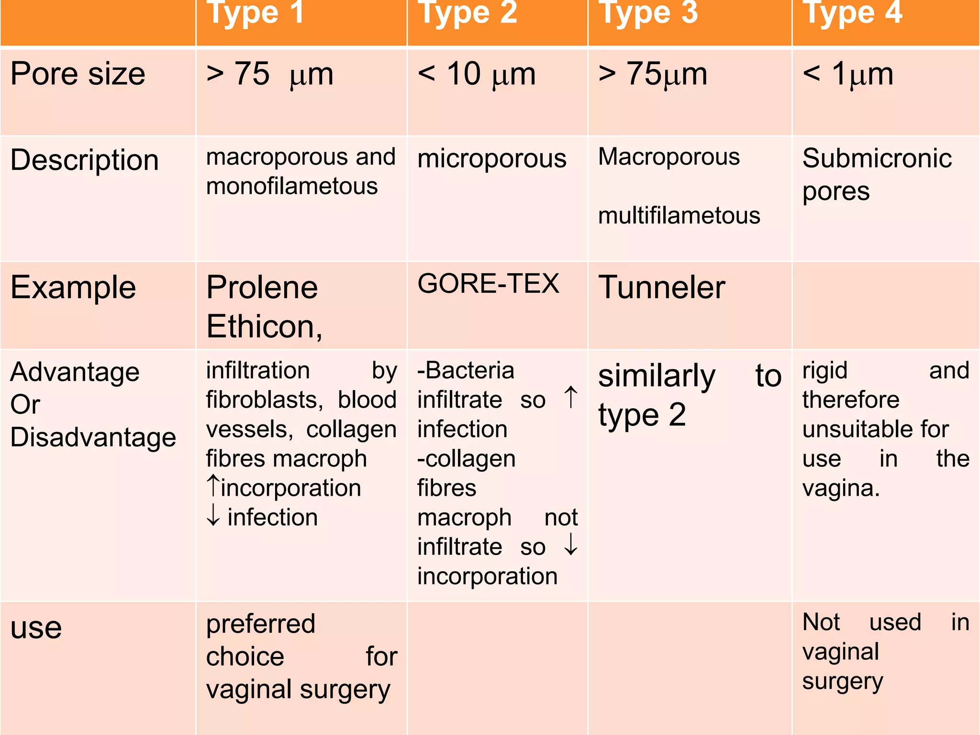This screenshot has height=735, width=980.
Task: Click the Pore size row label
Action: (78, 74)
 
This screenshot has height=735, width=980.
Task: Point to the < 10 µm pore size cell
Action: (477, 75)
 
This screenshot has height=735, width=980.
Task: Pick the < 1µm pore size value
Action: (848, 75)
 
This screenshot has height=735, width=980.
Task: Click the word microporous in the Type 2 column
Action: (491, 158)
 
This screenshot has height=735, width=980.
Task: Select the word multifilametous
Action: (679, 216)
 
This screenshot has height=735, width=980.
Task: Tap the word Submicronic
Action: (877, 158)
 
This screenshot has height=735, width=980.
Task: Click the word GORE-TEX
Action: (488, 284)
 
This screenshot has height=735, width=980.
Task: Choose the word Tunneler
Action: (662, 288)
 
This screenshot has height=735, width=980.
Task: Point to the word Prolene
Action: (262, 288)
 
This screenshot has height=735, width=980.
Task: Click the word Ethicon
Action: (264, 327)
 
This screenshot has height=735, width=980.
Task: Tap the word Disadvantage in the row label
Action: (93, 437)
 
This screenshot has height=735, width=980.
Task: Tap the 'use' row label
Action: (36, 628)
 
